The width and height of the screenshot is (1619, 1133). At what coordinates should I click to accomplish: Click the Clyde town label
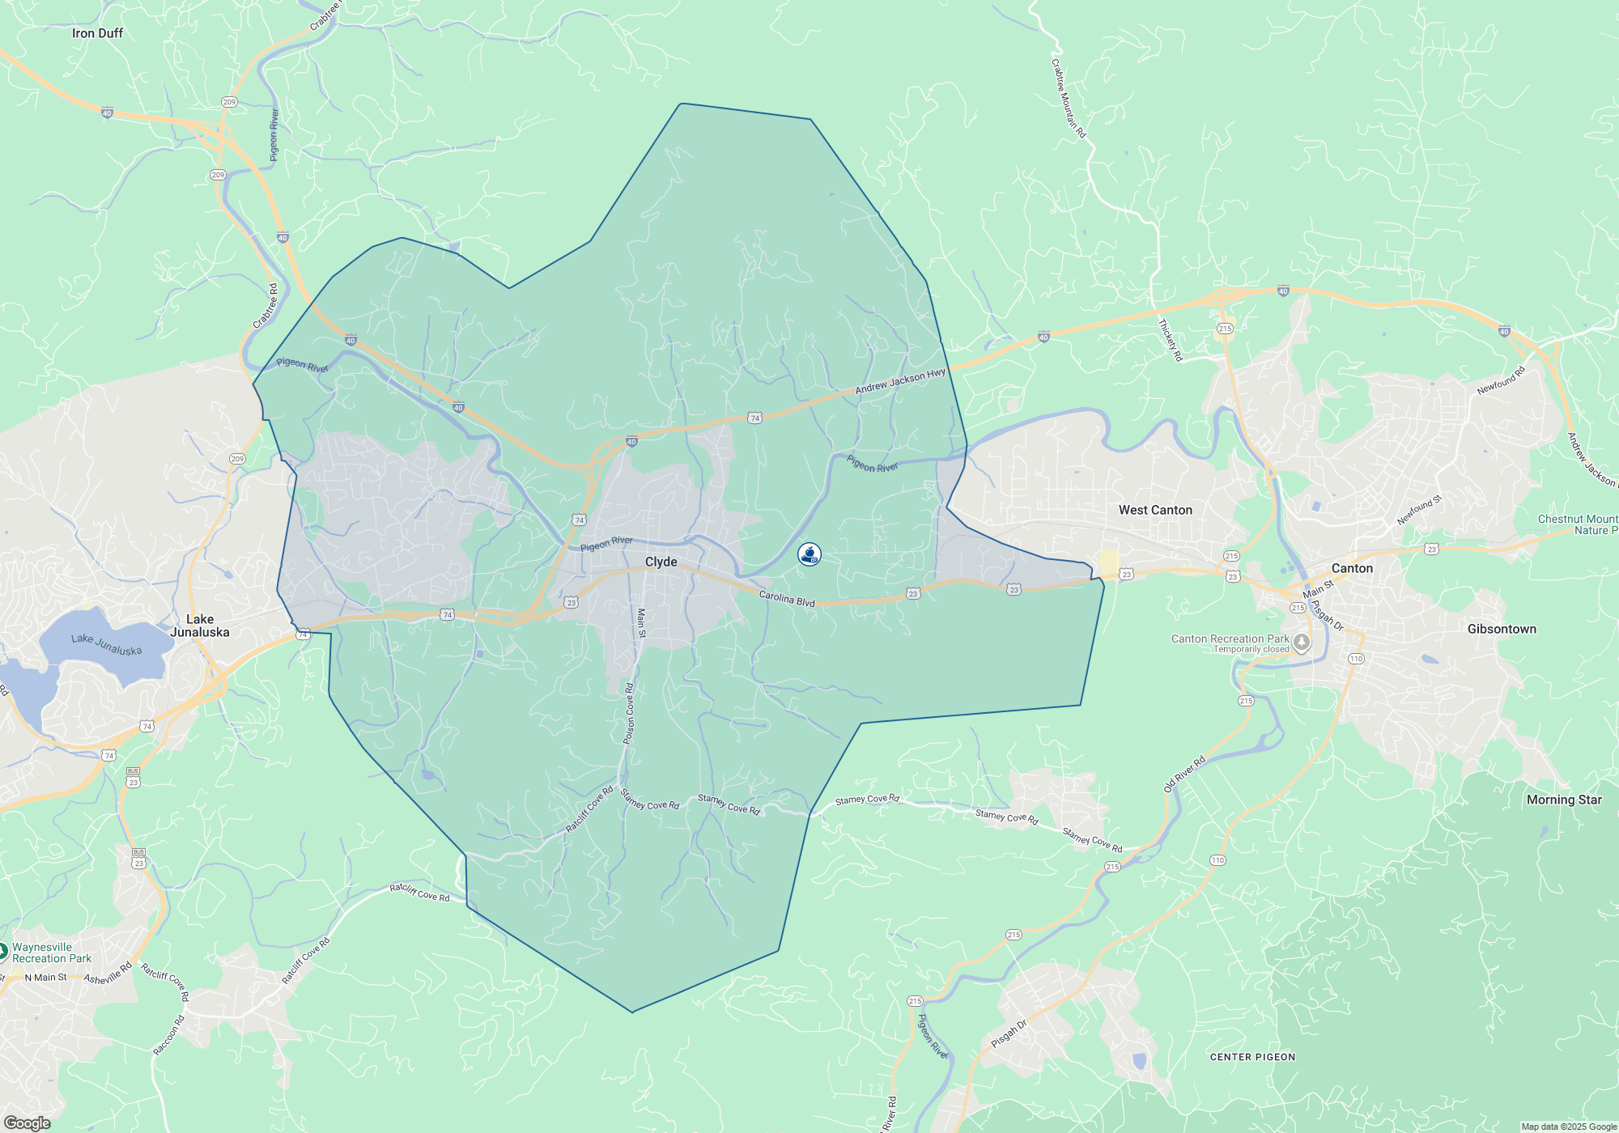661,562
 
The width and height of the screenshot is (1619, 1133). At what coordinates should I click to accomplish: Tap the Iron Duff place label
97,33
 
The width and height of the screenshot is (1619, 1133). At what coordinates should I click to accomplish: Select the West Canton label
1155,510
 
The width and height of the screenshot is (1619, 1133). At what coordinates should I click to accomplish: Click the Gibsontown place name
1502,629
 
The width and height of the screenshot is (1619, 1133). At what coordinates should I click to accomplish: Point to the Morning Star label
1564,800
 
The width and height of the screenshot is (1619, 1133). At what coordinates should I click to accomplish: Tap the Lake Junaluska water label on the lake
106,644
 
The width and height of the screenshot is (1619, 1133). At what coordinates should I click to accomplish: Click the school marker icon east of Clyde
809,554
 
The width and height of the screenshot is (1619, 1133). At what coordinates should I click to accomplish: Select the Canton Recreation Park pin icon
1302,643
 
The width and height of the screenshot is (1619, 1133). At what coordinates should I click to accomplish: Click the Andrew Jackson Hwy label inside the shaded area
900,381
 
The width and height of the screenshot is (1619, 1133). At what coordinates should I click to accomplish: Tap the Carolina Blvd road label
787,599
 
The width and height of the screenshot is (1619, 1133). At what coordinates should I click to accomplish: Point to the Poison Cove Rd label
629,713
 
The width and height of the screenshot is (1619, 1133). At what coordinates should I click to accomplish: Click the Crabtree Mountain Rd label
1069,98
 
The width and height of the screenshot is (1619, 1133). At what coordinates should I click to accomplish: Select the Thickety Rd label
1171,340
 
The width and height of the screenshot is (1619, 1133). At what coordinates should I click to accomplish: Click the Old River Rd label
1184,774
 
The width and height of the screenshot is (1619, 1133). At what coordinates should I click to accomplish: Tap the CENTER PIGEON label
1252,1057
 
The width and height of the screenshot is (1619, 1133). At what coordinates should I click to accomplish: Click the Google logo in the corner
27,1123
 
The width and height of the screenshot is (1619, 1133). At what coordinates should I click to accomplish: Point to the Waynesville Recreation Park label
52,953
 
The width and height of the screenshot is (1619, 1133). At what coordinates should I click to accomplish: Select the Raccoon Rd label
169,1035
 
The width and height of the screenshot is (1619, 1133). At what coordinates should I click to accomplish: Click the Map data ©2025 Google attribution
1568,1127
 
